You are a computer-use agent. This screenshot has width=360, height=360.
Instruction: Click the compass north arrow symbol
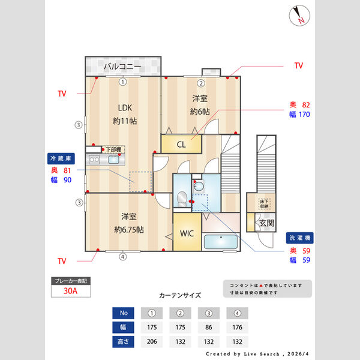pyautogui.click(x=298, y=16)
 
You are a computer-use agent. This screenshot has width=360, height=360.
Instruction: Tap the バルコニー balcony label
pyautogui.click(x=122, y=65)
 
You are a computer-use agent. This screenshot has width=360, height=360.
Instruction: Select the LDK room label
pyautogui.click(x=125, y=108)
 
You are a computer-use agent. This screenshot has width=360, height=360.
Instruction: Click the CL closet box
pyautogui.click(x=181, y=144)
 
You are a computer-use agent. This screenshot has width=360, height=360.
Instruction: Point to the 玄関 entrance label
pyautogui.click(x=266, y=223)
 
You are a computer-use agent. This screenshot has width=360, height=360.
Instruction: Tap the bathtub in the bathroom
pyautogui.click(x=221, y=242)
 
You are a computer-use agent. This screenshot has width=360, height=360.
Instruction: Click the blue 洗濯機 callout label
pyautogui.click(x=299, y=237)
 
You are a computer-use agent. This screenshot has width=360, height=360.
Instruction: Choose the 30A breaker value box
pyautogui.click(x=71, y=292)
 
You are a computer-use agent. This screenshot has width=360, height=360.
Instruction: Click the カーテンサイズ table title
pyautogui.click(x=180, y=295)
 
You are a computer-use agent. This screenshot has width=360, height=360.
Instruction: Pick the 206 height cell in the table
pyautogui.click(x=151, y=342)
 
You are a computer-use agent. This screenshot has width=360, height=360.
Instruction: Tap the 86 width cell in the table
pyautogui.click(x=209, y=328)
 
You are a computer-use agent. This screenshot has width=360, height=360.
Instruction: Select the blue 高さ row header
pyautogui.click(x=124, y=342)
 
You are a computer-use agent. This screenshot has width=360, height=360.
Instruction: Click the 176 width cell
pyautogui.click(x=238, y=328)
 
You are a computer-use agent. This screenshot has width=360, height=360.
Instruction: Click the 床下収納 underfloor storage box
pyautogui.click(x=264, y=204)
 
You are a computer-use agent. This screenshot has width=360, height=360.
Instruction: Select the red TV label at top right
pyautogui.click(x=298, y=65)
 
